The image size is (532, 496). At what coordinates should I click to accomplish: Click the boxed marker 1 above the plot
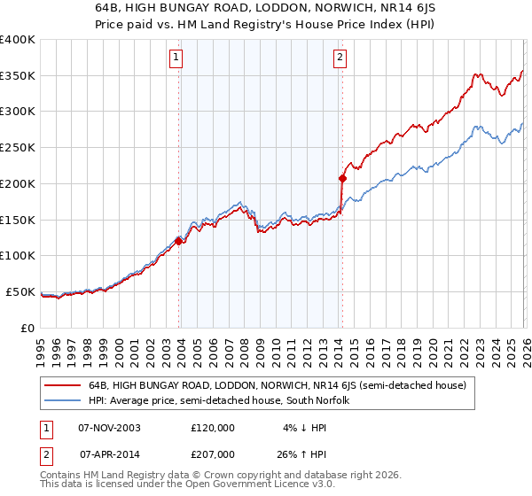click(x=176, y=58)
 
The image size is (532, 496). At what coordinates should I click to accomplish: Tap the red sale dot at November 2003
click(x=179, y=240)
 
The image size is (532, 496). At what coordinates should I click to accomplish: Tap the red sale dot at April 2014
click(x=342, y=178)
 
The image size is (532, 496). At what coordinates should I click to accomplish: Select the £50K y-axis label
click(x=21, y=291)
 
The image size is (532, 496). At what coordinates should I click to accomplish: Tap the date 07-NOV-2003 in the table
click(x=110, y=427)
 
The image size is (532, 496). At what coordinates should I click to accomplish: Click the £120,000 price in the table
click(x=213, y=427)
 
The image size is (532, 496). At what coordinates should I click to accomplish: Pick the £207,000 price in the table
click(x=213, y=453)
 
